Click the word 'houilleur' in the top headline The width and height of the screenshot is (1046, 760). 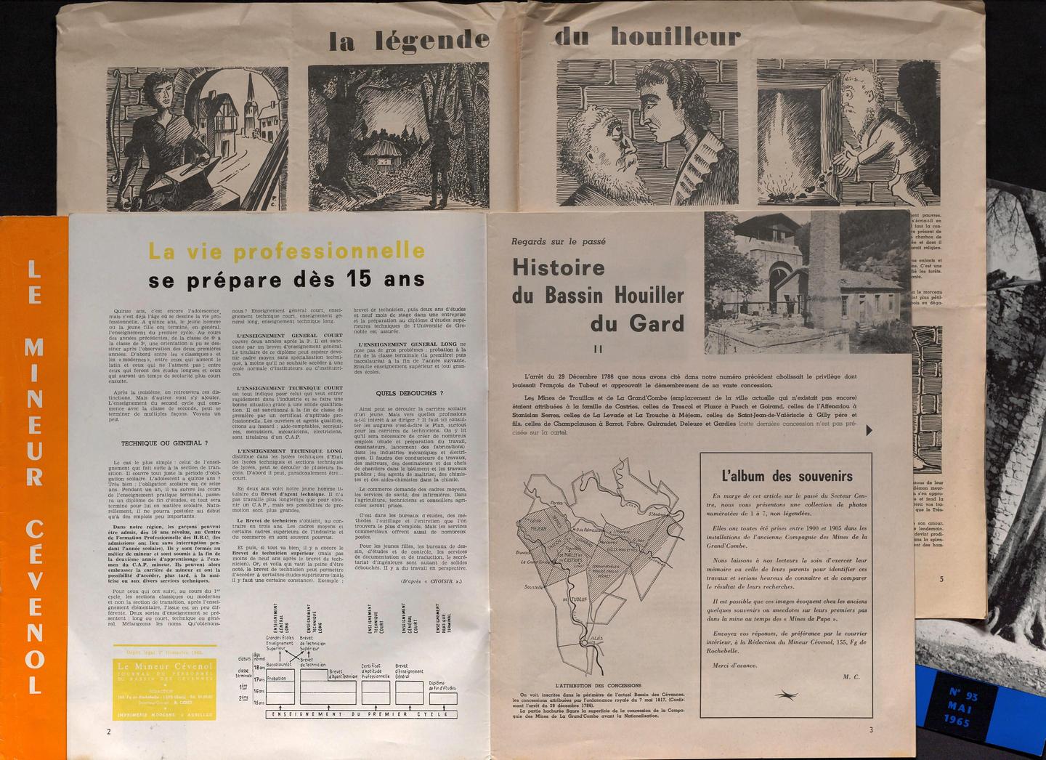point(675,36)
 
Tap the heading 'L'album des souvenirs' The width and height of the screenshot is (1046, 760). point(787,477)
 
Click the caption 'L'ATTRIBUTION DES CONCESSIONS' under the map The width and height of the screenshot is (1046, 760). point(598,686)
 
